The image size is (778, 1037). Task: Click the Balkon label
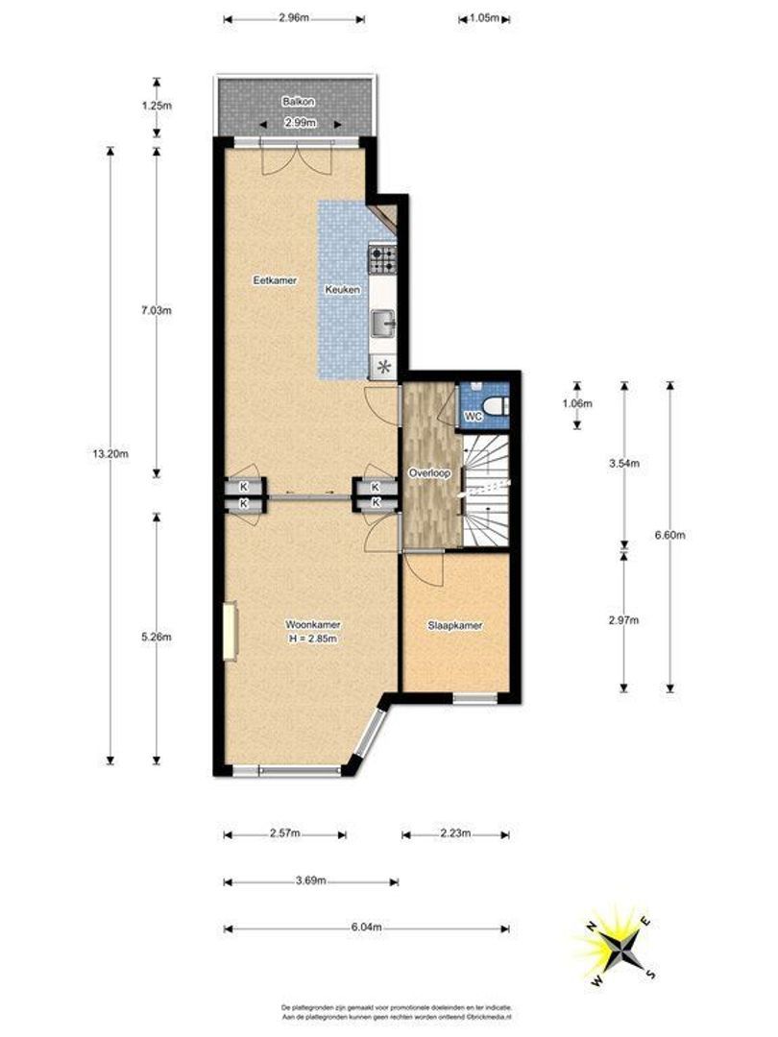298,101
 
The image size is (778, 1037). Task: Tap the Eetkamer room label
274,280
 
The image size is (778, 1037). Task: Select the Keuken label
343,289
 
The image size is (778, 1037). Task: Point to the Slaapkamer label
454,626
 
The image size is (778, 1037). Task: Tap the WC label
473,417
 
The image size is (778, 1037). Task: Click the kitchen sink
383,322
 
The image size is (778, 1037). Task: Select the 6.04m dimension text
366,928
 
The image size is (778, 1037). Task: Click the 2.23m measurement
455,834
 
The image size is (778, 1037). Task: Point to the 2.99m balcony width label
298,124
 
